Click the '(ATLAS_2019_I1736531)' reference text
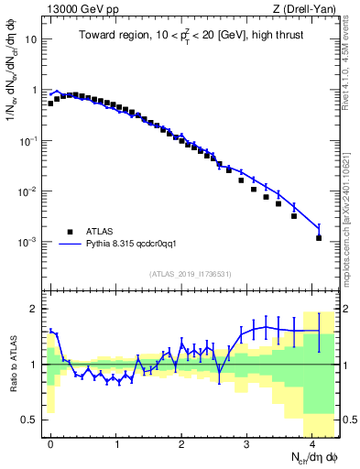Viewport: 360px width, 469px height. pyautogui.click(x=191, y=274)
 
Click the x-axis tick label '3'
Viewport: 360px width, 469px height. pyautogui.click(x=246, y=443)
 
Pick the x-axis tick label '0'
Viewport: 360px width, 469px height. pyautogui.click(x=50, y=443)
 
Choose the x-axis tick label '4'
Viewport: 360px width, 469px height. pyautogui.click(x=312, y=443)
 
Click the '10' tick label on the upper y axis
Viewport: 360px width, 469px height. pyautogui.click(x=32, y=40)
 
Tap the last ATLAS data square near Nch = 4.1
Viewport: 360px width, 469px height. pyautogui.click(x=319, y=238)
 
